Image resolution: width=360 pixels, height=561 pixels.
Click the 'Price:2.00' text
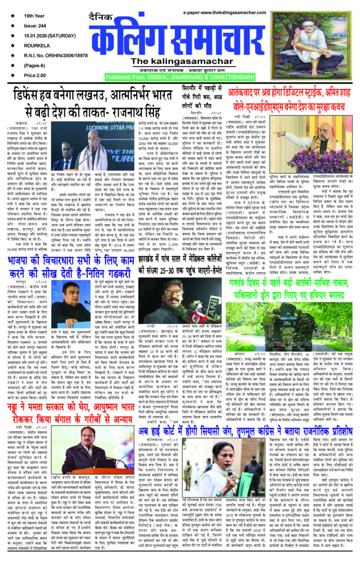pos(36,74)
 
